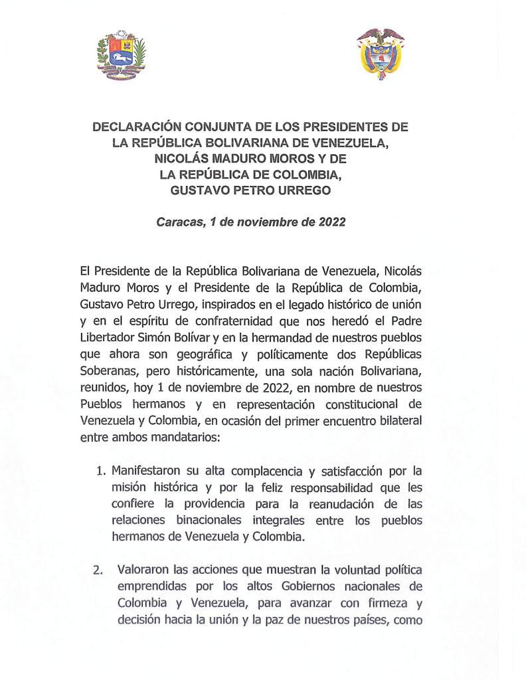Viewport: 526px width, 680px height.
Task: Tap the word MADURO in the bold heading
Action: coord(234,159)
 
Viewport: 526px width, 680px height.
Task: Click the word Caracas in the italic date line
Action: coord(179,222)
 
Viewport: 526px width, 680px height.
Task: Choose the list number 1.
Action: coord(101,473)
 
